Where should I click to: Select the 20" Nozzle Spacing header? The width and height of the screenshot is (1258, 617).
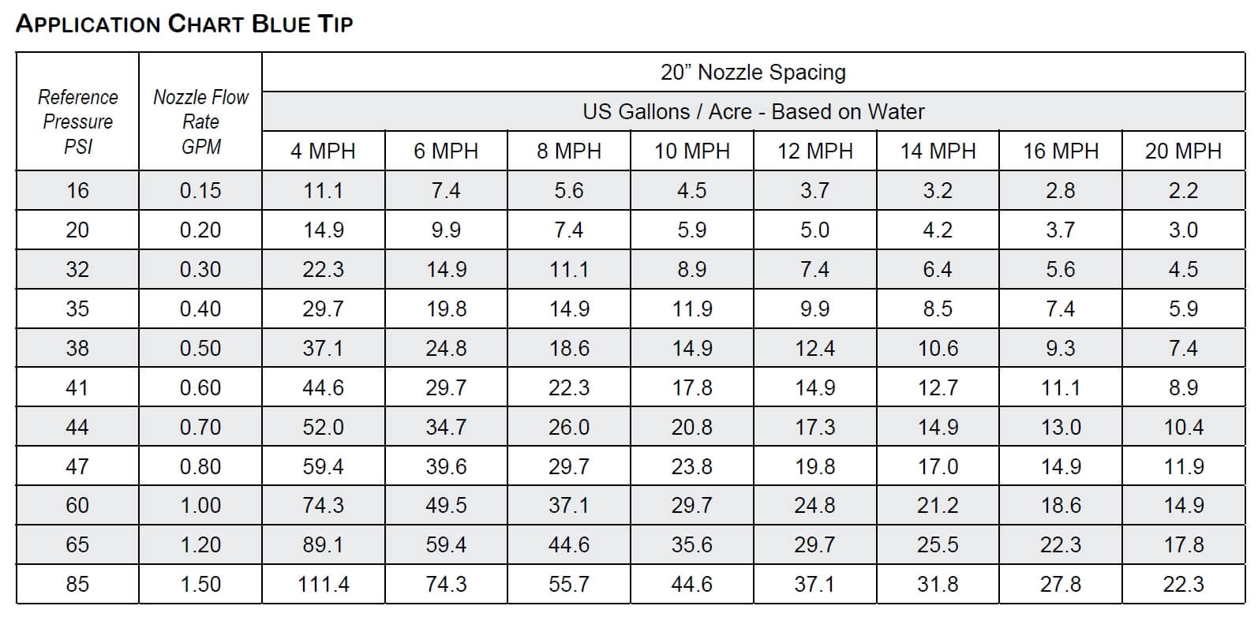(x=753, y=73)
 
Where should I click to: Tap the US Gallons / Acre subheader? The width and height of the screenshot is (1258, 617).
(x=753, y=112)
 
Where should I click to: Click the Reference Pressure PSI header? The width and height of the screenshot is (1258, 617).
(x=77, y=122)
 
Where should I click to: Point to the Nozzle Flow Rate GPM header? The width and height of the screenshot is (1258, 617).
(x=200, y=122)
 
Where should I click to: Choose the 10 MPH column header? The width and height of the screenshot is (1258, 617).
(x=692, y=151)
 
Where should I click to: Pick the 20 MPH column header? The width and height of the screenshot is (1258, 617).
(x=1183, y=151)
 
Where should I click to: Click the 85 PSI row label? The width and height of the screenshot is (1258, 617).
(x=77, y=585)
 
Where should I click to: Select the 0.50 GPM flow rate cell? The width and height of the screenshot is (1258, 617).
(x=200, y=348)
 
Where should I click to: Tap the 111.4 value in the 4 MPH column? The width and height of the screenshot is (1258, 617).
(x=324, y=585)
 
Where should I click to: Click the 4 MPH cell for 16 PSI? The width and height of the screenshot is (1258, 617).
(x=324, y=191)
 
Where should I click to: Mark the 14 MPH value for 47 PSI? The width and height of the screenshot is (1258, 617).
(x=938, y=466)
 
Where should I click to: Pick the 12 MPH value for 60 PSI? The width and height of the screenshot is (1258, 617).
(x=814, y=506)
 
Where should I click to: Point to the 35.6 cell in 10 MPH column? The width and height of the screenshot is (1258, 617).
(x=692, y=545)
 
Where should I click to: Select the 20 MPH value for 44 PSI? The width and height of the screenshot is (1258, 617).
(x=1183, y=427)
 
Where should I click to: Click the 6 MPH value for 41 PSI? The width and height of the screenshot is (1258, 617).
(x=447, y=387)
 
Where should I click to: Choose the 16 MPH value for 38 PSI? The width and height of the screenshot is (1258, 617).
(x=1061, y=348)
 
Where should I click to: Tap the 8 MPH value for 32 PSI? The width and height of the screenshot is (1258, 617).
(x=569, y=270)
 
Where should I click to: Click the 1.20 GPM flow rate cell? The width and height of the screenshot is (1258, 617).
(x=200, y=545)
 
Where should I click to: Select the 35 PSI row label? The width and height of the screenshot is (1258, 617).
(x=77, y=308)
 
